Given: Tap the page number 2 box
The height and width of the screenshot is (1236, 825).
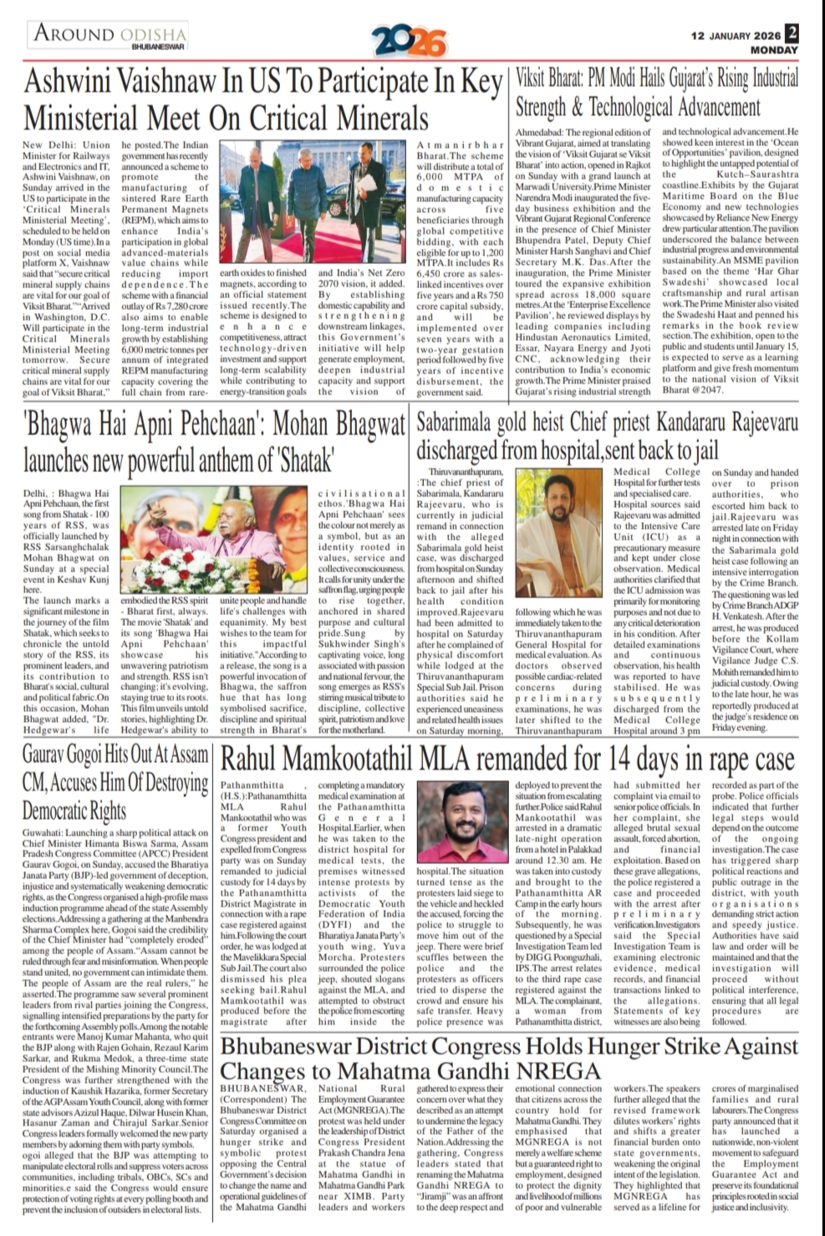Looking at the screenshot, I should click(x=791, y=33).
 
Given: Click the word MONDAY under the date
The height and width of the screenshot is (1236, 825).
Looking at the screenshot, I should click(x=773, y=50).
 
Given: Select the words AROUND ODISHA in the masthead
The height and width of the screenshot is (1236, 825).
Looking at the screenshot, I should click(x=110, y=33).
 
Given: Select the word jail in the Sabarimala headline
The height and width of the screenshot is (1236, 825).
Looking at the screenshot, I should click(x=699, y=451).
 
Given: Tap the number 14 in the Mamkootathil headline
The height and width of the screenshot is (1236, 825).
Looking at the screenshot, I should click(x=624, y=760).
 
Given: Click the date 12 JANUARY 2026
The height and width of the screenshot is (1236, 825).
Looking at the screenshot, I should click(x=736, y=36).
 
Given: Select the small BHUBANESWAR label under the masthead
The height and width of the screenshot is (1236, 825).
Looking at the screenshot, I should click(x=158, y=48).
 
